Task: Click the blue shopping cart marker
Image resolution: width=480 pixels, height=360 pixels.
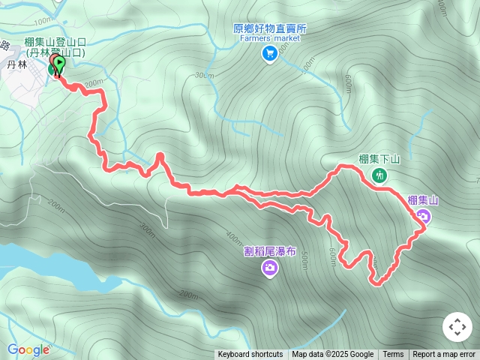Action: [x=269, y=53]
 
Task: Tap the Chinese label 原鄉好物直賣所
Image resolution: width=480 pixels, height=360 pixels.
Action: [x=269, y=28]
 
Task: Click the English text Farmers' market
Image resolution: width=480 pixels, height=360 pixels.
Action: [x=270, y=39]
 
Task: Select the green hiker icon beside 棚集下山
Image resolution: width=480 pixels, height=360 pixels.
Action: [x=379, y=175]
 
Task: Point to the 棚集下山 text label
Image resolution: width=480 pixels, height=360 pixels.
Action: [x=379, y=159]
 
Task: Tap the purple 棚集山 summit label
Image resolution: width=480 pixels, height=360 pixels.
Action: [x=423, y=200]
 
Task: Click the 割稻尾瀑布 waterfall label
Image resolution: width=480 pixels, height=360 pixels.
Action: [x=270, y=251]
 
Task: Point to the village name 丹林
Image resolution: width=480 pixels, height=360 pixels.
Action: [x=16, y=66]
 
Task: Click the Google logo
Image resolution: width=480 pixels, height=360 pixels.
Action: [x=28, y=349]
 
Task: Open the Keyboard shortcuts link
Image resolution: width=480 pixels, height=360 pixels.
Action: [x=250, y=355]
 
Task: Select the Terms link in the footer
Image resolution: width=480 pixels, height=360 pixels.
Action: [x=393, y=355]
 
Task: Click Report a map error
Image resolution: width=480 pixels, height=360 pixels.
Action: [x=444, y=355]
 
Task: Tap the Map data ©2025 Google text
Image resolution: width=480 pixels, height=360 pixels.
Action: [x=332, y=355]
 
